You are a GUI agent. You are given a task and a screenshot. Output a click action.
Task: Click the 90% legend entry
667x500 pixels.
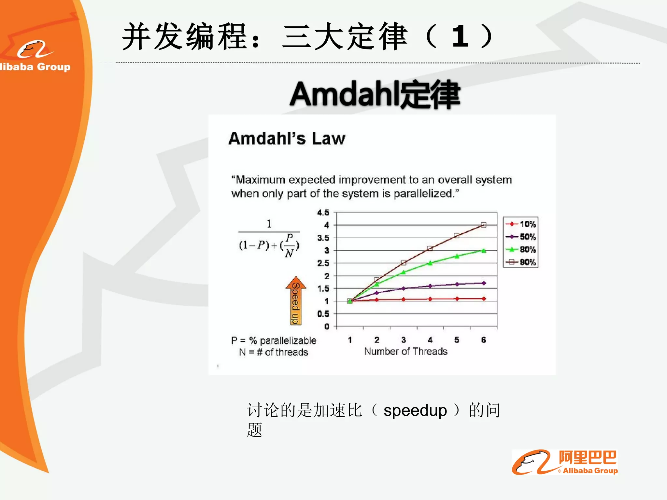[x=521, y=262]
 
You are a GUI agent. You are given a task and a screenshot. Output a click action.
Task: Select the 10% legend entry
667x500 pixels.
[x=521, y=224]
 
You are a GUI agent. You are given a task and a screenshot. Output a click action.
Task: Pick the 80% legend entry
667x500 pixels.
[x=521, y=250]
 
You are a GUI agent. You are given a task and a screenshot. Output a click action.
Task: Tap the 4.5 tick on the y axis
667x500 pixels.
[x=323, y=213]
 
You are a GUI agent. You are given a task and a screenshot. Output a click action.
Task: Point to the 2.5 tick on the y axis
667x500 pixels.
[x=323, y=263]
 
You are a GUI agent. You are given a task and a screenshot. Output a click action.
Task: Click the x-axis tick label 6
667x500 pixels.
[x=483, y=340]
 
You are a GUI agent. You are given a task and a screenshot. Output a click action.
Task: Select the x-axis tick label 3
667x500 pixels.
[x=403, y=340]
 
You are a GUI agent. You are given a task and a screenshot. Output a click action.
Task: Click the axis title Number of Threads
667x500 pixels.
[x=405, y=352]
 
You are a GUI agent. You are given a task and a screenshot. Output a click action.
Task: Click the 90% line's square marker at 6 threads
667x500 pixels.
[x=484, y=225]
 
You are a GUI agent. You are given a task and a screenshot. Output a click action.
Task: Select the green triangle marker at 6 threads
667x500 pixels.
[x=484, y=251]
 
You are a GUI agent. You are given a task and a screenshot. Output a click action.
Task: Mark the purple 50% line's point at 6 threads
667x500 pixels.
[x=484, y=283]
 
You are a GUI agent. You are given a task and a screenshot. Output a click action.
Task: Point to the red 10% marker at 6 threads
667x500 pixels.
[x=484, y=299]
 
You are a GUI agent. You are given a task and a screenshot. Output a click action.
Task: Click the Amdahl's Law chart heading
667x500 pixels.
[x=287, y=138]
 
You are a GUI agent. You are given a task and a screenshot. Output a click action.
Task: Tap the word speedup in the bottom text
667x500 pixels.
[x=415, y=410]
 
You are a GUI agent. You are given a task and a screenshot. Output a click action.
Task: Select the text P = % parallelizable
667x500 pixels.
[x=274, y=340]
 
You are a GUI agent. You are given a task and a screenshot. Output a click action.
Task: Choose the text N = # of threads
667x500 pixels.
[x=274, y=352]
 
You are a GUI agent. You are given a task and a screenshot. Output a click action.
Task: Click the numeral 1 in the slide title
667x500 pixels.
[x=460, y=36]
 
